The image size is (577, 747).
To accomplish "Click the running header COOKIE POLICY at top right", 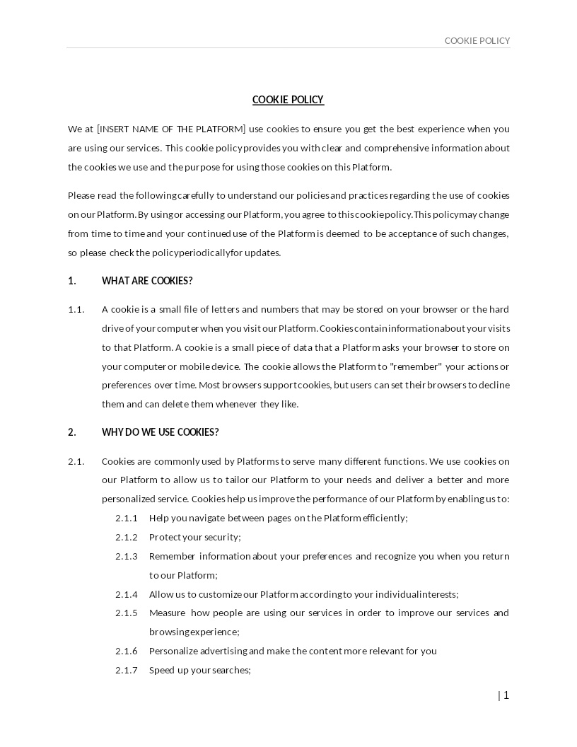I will pyautogui.click(x=477, y=41).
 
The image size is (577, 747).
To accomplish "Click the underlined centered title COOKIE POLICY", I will pyautogui.click(x=288, y=100).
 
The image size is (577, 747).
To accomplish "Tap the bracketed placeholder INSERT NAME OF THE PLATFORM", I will pyautogui.click(x=171, y=129).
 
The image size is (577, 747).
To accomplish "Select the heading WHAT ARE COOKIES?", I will pyautogui.click(x=147, y=281).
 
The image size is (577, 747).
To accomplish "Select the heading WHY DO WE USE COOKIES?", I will pyautogui.click(x=161, y=432).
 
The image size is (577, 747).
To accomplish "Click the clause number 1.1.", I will pyautogui.click(x=76, y=309).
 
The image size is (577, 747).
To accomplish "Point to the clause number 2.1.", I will pyautogui.click(x=76, y=461).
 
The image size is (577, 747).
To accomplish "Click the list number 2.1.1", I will pyautogui.click(x=127, y=518).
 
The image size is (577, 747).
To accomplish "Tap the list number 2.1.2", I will pyautogui.click(x=127, y=537).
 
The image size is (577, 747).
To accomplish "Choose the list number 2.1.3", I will pyautogui.click(x=127, y=556).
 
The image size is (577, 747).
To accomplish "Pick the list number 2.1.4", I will pyautogui.click(x=127, y=594).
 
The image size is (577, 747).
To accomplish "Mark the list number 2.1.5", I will pyautogui.click(x=127, y=613).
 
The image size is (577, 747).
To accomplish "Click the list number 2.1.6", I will pyautogui.click(x=127, y=651).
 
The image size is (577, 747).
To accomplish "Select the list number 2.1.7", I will pyautogui.click(x=127, y=670).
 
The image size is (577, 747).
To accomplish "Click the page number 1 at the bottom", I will pyautogui.click(x=506, y=695).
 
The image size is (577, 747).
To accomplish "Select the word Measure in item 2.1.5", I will pyautogui.click(x=167, y=613).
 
